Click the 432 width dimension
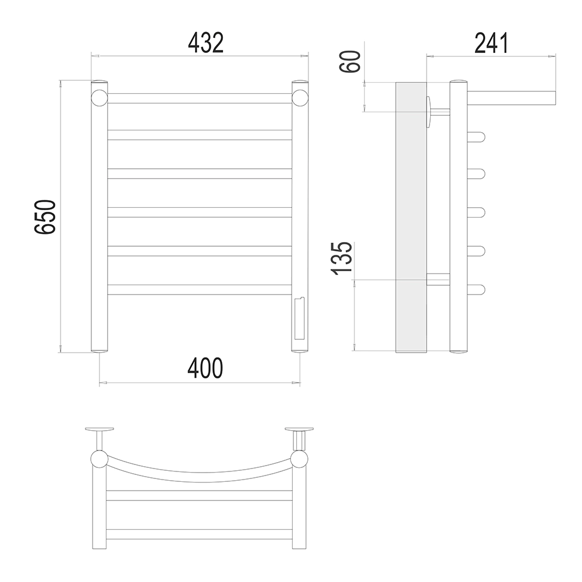(205, 43)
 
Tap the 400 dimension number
(205, 368)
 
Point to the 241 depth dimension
(491, 43)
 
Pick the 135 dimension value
(341, 258)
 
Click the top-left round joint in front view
(99, 98)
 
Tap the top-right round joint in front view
(300, 98)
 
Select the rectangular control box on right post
(300, 318)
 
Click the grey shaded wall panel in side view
(411, 217)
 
